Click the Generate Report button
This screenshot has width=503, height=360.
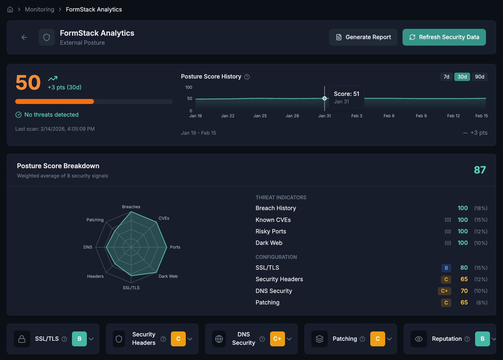tap(363, 37)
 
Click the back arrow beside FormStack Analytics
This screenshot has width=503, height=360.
tap(24, 38)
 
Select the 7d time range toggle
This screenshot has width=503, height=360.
tap(446, 77)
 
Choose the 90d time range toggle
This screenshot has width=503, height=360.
tap(479, 77)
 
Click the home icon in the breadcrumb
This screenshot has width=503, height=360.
tap(10, 9)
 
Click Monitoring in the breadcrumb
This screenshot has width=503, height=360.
tap(39, 9)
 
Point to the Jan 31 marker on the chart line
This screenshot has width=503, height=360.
tap(324, 98)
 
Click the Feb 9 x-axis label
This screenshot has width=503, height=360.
tap(421, 116)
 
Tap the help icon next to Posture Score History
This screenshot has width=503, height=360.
tap(247, 77)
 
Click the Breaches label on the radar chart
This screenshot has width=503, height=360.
tap(131, 207)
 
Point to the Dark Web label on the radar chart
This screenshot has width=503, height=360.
tap(168, 276)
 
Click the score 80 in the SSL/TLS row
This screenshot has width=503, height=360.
tap(464, 268)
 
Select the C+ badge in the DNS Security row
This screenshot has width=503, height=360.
tap(444, 291)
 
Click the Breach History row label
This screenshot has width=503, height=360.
tap(276, 208)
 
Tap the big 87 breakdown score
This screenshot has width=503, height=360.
tap(479, 170)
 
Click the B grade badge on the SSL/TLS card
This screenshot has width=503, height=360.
tap(79, 339)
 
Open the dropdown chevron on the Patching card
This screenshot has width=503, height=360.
tap(389, 339)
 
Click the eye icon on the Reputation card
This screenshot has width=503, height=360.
tap(419, 339)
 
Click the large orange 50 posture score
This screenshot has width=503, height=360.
tap(28, 83)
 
